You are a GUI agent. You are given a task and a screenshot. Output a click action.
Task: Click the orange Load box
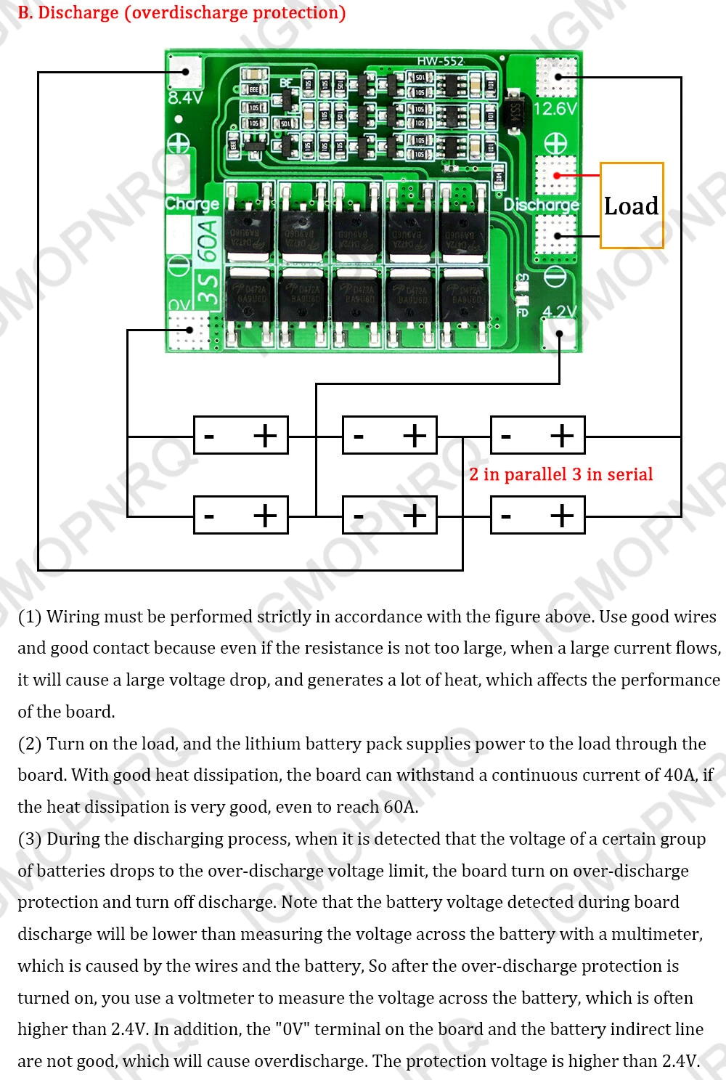tap(632, 206)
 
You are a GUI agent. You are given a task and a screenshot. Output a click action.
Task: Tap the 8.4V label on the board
tap(185, 97)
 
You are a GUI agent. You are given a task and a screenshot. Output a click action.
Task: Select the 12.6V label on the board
tap(555, 109)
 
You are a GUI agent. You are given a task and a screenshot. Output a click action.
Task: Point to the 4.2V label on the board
tap(560, 312)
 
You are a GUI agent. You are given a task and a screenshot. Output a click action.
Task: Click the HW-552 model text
tap(440, 61)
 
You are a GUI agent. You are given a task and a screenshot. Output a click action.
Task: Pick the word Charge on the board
tap(192, 203)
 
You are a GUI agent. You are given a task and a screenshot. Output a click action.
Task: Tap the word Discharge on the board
tap(542, 205)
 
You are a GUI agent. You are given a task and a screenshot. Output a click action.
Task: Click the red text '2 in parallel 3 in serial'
tap(560, 474)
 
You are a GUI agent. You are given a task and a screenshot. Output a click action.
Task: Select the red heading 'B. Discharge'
tap(181, 12)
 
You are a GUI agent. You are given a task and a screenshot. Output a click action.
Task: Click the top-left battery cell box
tap(241, 435)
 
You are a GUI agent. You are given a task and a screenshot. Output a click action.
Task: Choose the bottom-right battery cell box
tap(538, 515)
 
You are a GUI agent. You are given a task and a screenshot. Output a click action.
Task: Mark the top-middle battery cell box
tap(390, 435)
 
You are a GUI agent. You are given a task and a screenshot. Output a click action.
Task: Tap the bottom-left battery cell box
tap(241, 515)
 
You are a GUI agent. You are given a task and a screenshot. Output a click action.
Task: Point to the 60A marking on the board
tap(208, 240)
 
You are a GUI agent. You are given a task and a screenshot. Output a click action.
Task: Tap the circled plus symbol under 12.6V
tap(555, 143)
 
